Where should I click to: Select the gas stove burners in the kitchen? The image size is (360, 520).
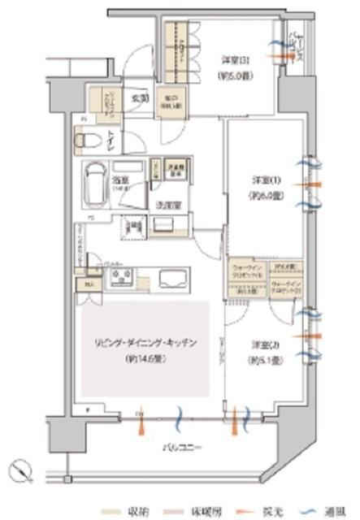(124, 279)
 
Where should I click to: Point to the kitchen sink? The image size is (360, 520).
(171, 279)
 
